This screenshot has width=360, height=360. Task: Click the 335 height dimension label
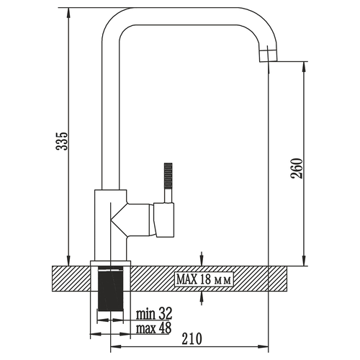coord(62,141)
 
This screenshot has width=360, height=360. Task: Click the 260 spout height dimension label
coord(297,168)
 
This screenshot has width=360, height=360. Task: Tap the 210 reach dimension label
coord(192,338)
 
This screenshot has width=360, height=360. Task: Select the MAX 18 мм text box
coord(204,279)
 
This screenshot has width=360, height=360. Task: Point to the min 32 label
coord(154,313)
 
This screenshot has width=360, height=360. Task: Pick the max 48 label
coord(154,328)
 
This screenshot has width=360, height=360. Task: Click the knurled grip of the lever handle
coord(168,175)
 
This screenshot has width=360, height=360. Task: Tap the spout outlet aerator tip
coord(268,55)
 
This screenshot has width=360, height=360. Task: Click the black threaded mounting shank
coord(110,289)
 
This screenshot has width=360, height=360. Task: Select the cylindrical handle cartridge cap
coord(164,220)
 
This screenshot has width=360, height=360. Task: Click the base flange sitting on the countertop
coord(110,264)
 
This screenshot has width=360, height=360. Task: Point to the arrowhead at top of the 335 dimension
coord(68,13)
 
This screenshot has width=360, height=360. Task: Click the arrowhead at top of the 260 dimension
coord(304,67)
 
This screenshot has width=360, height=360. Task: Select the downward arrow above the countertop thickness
coord(202,258)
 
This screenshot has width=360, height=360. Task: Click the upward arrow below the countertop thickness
coord(202,298)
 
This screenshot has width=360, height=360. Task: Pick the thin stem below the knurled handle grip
coord(168,195)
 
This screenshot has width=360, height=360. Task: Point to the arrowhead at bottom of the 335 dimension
coord(68,261)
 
